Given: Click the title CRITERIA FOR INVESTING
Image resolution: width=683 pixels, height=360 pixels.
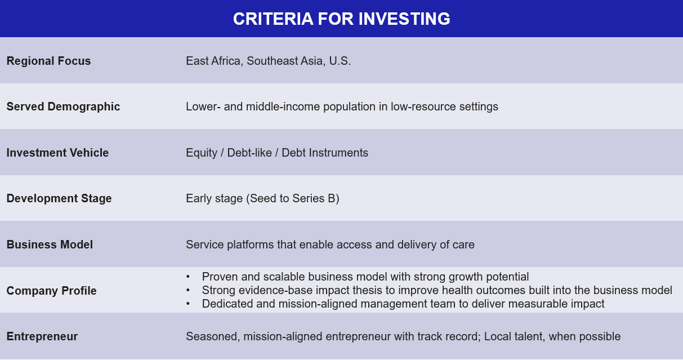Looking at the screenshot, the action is [341, 19].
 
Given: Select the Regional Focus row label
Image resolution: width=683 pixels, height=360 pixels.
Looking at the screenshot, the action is [48, 61].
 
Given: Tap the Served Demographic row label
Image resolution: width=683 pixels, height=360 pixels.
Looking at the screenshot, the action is [63, 106].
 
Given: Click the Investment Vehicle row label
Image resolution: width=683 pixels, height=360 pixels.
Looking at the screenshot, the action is [57, 153].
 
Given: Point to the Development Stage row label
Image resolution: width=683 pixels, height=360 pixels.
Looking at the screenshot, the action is [59, 198].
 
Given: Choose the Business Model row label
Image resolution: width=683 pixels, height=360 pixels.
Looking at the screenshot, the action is [50, 245].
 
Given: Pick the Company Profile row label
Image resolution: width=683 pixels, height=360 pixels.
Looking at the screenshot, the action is [52, 291].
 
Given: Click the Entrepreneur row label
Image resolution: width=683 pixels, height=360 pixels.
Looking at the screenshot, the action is [42, 336].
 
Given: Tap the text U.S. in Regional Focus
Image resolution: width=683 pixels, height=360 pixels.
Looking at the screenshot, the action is [340, 61].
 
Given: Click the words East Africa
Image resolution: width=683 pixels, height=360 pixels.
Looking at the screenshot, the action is [215, 61].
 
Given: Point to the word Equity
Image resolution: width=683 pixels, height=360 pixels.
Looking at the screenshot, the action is [202, 153].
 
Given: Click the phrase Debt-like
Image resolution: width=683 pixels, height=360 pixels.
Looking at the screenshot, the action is [249, 153].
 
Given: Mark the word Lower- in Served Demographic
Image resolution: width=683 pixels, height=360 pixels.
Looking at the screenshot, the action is [203, 106].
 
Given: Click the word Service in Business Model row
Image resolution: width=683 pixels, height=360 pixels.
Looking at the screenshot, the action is [205, 245].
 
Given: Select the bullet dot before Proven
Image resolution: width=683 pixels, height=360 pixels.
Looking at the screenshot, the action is [188, 277].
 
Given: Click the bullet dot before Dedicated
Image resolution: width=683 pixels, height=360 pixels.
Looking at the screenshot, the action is [188, 304].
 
